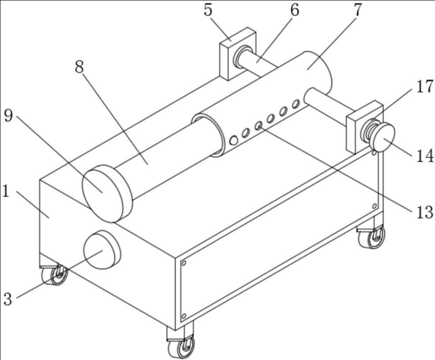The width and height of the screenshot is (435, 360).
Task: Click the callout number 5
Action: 208,10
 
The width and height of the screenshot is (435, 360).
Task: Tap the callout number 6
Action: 295,10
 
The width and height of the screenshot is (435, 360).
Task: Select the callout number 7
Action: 358,10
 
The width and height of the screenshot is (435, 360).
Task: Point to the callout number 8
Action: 80,67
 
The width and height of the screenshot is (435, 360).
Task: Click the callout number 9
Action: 9,115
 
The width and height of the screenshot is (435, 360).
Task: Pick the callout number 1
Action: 6,191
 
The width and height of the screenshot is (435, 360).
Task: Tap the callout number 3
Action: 8,299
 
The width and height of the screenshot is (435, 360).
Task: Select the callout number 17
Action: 424,86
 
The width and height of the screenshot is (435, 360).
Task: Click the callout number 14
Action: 425,156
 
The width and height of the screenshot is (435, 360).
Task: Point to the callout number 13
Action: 424,212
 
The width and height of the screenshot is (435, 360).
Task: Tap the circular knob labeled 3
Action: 102,249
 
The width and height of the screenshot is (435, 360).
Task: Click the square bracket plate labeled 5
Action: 238,54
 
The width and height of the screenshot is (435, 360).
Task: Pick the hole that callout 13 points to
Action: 258,126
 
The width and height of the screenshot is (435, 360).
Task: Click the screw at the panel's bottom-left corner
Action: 184,316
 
